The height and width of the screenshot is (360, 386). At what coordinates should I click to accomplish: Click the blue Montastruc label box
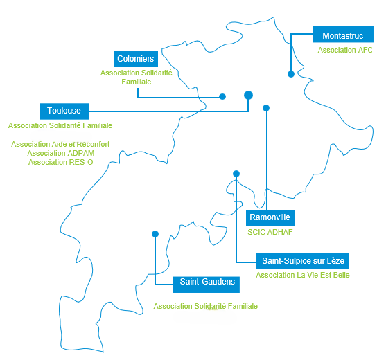click(343, 35)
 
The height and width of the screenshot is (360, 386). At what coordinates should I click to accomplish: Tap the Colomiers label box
click(136, 59)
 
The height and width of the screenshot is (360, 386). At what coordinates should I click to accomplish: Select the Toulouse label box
click(64, 111)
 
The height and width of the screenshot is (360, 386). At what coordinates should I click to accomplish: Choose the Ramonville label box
click(270, 217)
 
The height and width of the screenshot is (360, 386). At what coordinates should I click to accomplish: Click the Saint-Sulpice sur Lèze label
click(303, 261)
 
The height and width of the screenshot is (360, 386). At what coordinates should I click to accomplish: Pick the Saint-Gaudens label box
click(206, 285)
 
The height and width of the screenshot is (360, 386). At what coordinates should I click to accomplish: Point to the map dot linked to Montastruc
click(291, 74)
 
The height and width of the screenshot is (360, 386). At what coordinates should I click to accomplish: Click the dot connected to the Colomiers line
click(222, 97)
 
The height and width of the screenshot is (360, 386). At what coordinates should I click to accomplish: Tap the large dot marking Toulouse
click(248, 95)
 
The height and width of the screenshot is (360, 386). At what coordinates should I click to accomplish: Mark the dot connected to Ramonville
click(266, 108)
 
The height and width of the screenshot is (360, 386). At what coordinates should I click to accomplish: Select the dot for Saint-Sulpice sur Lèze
click(236, 174)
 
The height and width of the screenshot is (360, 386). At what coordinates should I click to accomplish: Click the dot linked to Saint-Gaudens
click(155, 234)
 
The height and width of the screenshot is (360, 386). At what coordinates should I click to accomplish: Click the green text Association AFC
click(345, 50)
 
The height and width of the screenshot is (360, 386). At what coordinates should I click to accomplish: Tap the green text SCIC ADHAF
click(270, 232)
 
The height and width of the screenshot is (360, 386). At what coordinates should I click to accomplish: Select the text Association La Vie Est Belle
click(303, 275)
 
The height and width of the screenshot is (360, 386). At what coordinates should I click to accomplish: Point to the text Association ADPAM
click(61, 153)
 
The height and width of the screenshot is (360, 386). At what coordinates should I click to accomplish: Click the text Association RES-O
click(60, 162)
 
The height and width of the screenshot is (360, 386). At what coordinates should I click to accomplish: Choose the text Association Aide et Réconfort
click(60, 144)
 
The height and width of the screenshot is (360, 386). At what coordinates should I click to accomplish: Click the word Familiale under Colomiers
click(137, 82)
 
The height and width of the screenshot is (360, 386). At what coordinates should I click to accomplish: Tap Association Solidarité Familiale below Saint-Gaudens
click(206, 306)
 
